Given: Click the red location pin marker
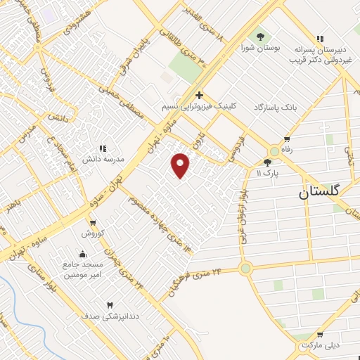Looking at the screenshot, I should click(181, 165).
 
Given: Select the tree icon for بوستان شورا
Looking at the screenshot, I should click(261, 37).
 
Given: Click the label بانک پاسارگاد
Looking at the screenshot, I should click(259, 106).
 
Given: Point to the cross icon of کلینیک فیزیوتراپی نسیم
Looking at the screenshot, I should click(200, 95).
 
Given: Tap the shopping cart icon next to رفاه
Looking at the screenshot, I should click(286, 139).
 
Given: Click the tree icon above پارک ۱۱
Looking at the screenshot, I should click(267, 162).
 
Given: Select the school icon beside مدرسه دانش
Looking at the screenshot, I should click(103, 148).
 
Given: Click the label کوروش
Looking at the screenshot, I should click(92, 233).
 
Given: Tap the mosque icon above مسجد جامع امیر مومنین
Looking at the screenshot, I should click(83, 254).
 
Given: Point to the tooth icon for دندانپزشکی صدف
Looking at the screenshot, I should click(110, 305).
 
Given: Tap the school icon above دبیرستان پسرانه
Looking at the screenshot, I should click(321, 39).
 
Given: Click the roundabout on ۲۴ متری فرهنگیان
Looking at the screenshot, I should click(245, 268).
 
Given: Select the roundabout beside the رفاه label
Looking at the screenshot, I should click(274, 151).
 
